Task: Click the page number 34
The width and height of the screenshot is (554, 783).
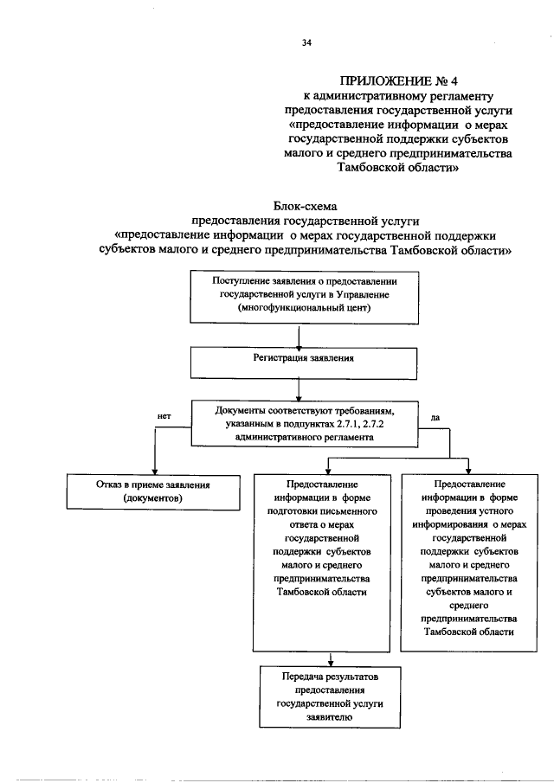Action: pyautogui.click(x=306, y=43)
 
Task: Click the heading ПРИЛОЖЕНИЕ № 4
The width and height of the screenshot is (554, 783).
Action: pyautogui.click(x=398, y=81)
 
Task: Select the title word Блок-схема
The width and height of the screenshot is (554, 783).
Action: pyautogui.click(x=305, y=206)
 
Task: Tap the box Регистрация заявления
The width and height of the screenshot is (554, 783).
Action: pyautogui.click(x=304, y=363)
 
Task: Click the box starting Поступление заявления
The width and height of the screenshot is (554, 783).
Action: pyautogui.click(x=304, y=297)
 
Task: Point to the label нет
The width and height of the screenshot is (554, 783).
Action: pyautogui.click(x=164, y=416)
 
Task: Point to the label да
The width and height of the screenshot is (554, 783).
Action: pyautogui.click(x=435, y=418)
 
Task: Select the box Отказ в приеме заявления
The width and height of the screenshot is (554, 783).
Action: pyautogui.click(x=153, y=492)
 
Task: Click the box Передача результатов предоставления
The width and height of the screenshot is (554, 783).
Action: pyautogui.click(x=330, y=696)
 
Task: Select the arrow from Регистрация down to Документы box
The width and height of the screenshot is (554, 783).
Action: pyautogui.click(x=299, y=390)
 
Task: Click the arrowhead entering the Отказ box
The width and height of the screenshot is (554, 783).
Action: pyautogui.click(x=155, y=470)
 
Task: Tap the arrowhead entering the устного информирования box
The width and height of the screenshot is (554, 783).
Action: pyautogui.click(x=468, y=470)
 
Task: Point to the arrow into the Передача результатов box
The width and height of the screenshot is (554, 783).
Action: pyautogui.click(x=330, y=659)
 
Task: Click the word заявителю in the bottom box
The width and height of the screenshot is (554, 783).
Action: pyautogui.click(x=330, y=717)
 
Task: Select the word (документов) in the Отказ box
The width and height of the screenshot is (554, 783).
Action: pyautogui.click(x=153, y=498)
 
